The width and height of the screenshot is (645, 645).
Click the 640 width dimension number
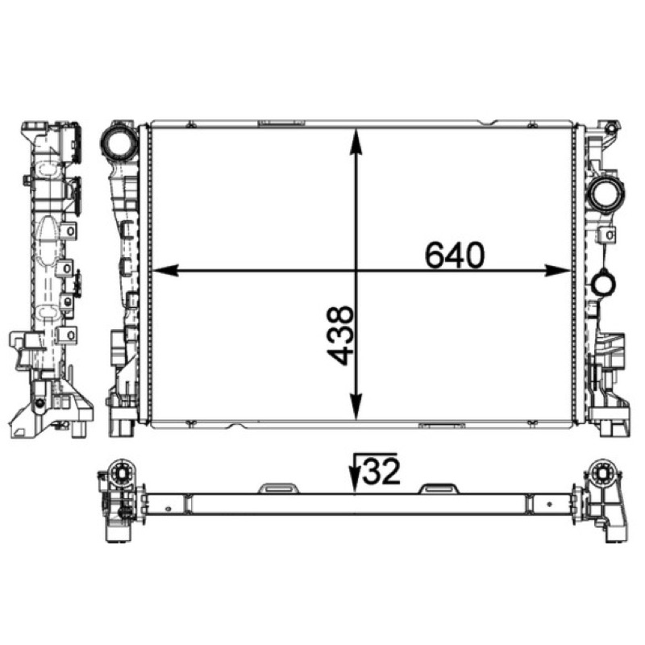click(455, 255)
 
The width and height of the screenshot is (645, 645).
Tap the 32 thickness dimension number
click(381, 470)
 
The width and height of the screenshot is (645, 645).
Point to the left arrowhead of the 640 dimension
click(165, 271)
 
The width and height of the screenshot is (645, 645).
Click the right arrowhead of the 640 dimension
click(558, 271)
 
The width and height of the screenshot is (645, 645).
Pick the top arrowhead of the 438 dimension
click(356, 142)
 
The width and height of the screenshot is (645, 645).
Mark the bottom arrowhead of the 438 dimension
click(356, 406)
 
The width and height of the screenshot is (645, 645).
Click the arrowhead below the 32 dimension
click(354, 482)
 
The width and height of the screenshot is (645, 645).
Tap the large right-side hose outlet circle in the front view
click(605, 195)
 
